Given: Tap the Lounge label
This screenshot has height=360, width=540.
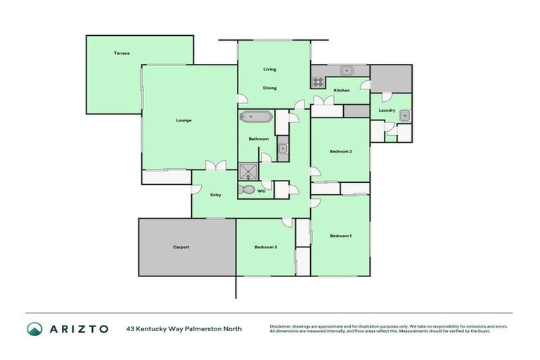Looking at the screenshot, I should pos(184,120).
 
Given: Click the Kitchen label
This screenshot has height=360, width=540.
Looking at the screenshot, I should pos(342,91).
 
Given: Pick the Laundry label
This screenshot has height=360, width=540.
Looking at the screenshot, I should pos(387,110).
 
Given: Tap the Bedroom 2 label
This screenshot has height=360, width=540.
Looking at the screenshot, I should pos(341,152).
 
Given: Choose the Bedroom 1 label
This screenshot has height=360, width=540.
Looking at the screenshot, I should pos(341,236).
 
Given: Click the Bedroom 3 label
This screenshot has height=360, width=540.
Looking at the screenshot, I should pos(266,247).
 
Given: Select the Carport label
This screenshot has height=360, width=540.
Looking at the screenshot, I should pos(181,247).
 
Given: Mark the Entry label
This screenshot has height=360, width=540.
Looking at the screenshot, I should pos(216,195).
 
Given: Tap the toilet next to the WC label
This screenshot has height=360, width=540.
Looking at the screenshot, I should pos(248,190).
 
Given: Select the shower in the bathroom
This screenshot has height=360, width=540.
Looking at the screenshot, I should pos(248,172).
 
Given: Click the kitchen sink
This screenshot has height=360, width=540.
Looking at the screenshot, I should pos(347,70).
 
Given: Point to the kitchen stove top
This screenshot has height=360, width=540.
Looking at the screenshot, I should pos(318,82).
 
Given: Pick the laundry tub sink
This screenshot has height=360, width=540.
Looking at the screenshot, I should pos(406,117).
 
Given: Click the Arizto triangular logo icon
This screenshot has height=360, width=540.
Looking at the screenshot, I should pos(34,329).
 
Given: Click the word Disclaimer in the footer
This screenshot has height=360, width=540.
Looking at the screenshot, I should pos(282,326).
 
